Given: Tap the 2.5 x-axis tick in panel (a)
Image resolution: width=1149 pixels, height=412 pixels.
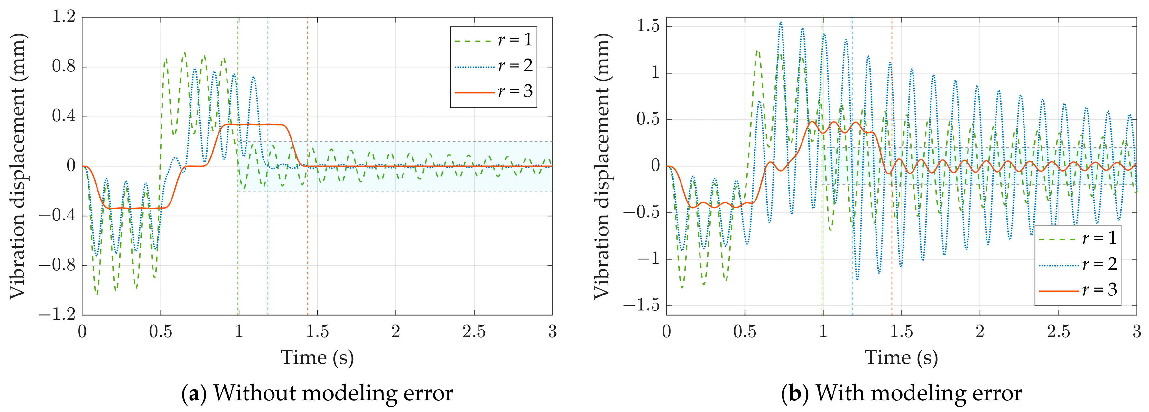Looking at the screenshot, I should click(x=474, y=332).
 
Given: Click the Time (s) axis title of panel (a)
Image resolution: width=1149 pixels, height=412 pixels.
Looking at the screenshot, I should click(x=317, y=358).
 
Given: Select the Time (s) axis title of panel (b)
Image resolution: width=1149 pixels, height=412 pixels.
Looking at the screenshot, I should click(x=902, y=358).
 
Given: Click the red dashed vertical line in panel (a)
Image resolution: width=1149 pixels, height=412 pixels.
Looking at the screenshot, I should click(x=307, y=246).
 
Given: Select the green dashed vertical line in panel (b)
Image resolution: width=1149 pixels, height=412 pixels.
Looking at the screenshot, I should click(x=822, y=268).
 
